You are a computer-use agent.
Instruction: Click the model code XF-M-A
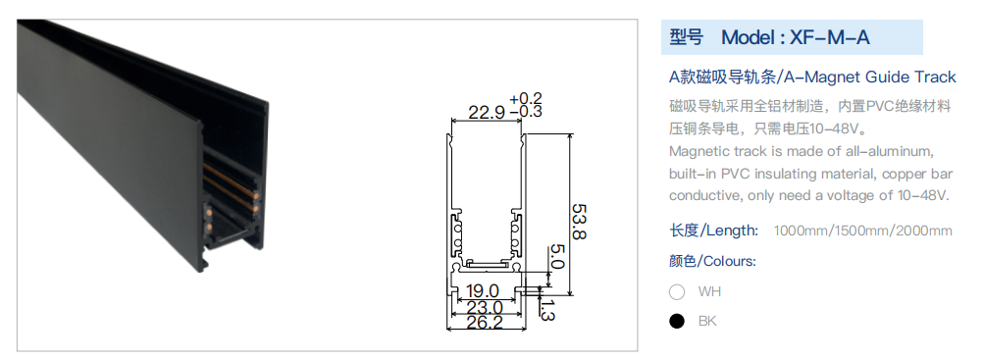[829, 37]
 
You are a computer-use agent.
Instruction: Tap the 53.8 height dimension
[580, 222]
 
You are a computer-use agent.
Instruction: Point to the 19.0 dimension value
[483, 291]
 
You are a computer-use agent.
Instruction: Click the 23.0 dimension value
[485, 307]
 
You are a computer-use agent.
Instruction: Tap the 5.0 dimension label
[557, 257]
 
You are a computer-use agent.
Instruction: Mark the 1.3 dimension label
[546, 310]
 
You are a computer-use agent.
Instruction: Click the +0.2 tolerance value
[526, 99]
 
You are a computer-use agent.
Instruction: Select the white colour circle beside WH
[677, 291]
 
